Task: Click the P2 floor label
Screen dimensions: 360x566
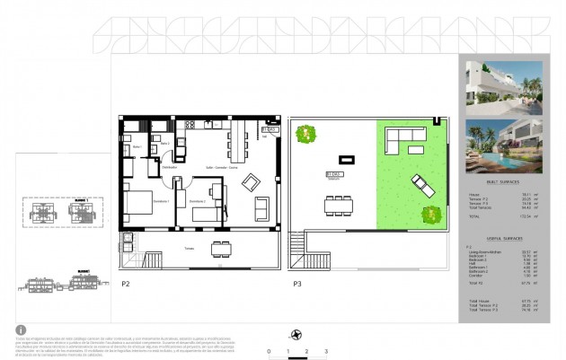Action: pyautogui.click(x=127, y=283)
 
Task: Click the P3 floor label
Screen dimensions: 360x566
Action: pyautogui.click(x=296, y=283)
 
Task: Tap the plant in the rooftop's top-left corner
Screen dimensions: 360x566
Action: pyautogui.click(x=305, y=135)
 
